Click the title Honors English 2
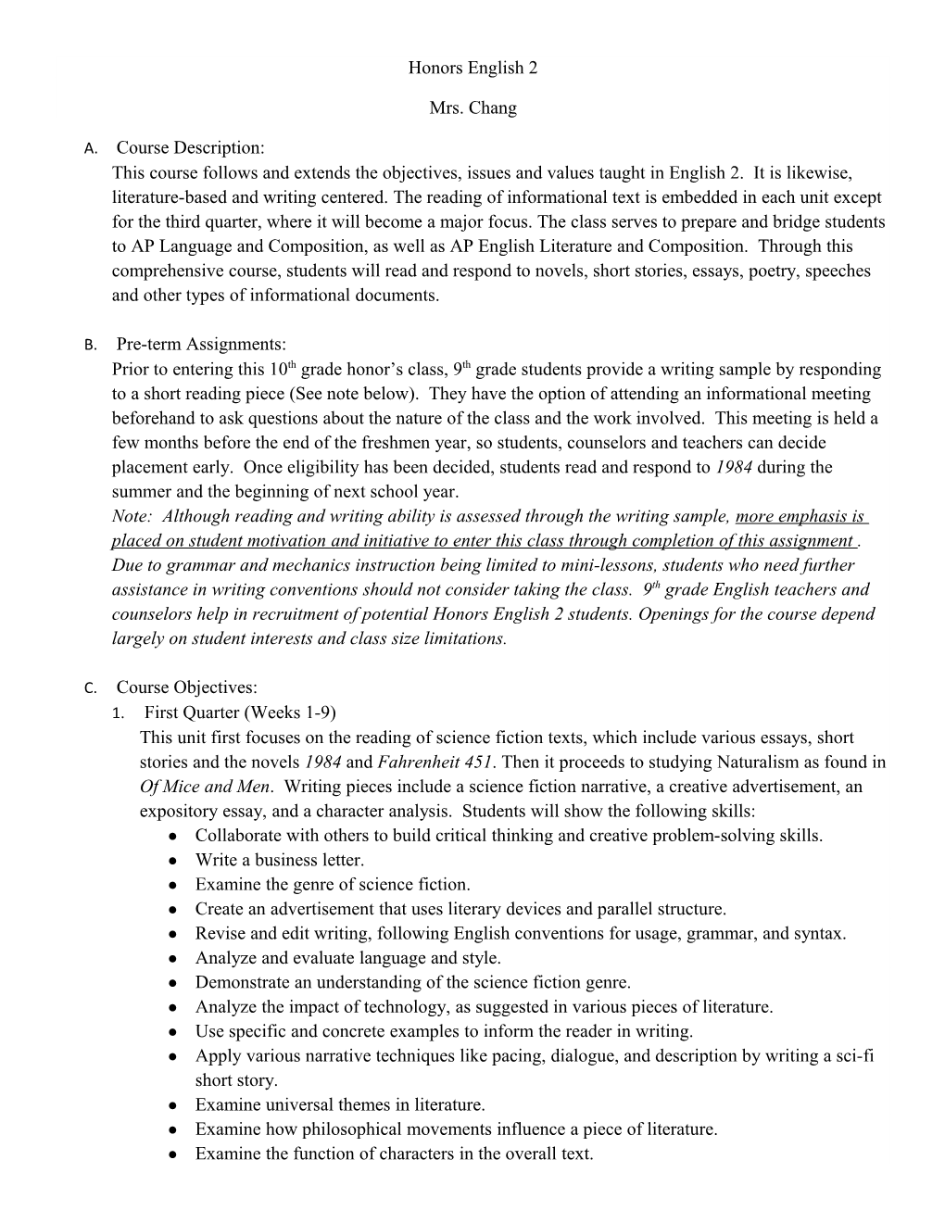472,69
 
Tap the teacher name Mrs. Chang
472,108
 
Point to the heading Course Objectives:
187,687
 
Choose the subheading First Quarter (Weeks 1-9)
241,712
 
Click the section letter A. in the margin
90,148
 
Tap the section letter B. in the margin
90,346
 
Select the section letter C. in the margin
90,688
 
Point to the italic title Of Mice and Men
205,787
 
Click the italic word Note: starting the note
132,516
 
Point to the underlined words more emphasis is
800,516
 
